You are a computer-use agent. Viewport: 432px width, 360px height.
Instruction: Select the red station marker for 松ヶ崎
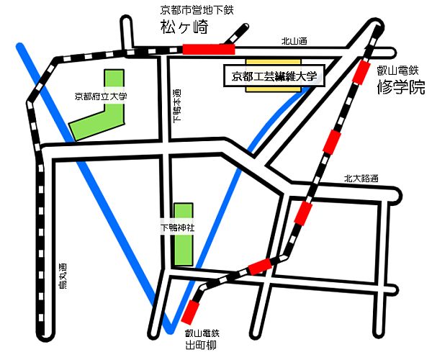point(209,49)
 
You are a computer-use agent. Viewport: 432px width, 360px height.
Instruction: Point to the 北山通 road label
point(294,42)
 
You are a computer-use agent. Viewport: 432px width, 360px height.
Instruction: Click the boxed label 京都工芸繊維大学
point(275,74)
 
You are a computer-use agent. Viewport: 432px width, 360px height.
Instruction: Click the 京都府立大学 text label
point(100,95)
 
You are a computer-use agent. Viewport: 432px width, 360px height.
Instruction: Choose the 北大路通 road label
point(361,179)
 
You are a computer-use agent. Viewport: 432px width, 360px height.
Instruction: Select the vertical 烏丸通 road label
point(62,273)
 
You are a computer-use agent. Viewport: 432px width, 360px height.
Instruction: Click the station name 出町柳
point(201,346)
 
